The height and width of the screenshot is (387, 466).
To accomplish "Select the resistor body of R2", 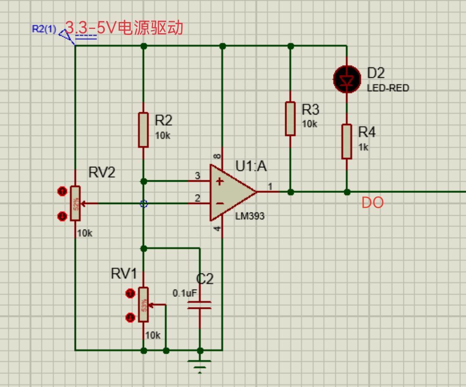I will point(143,129).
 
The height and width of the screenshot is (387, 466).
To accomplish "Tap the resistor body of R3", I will point(290,119).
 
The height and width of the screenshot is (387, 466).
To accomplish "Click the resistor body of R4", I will point(346,141).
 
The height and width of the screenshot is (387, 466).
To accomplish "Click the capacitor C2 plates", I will point(200,305).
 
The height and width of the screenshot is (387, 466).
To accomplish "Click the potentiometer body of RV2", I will point(76,203).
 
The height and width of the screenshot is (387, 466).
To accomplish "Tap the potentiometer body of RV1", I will point(143,305).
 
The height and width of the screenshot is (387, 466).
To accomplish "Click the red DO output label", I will point(372,203).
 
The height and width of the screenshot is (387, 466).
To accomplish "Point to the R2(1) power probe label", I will point(44,29).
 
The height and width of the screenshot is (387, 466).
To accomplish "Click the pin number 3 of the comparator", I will point(198,176).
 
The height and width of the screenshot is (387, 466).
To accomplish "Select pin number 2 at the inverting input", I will point(198,198).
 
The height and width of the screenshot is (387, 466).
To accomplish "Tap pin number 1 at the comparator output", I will point(271,186).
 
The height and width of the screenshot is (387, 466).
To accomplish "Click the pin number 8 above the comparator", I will point(217,156).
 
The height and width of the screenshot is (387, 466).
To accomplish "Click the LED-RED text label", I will point(387,88).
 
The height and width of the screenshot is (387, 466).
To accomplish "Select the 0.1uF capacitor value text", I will point(185,293).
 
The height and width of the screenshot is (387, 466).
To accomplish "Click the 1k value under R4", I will point(363,147).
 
